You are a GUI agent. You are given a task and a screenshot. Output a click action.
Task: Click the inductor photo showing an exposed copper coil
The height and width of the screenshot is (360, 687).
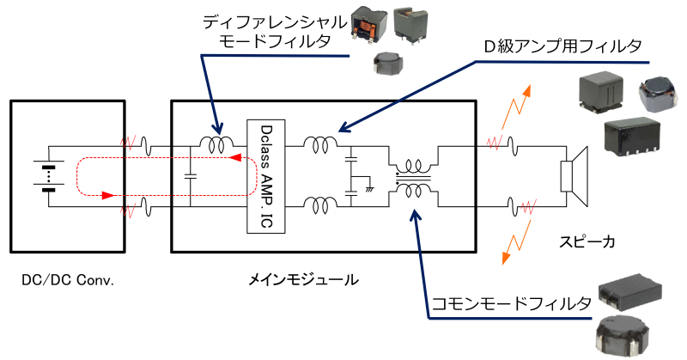click(368, 23)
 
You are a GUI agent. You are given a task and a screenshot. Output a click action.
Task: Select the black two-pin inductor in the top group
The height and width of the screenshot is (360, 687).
click(412, 26)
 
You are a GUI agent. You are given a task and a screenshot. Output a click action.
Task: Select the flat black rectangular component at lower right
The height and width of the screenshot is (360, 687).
click(631, 288)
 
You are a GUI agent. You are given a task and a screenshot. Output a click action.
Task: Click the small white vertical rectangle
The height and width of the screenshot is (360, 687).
click(566, 175)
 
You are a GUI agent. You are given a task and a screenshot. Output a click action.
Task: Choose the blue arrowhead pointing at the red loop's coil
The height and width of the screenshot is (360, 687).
click(217, 129)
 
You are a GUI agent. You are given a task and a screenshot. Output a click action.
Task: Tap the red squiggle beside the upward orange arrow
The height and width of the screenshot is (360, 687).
click(494, 142)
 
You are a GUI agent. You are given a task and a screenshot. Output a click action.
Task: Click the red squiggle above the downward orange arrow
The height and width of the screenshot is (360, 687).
click(529, 207)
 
